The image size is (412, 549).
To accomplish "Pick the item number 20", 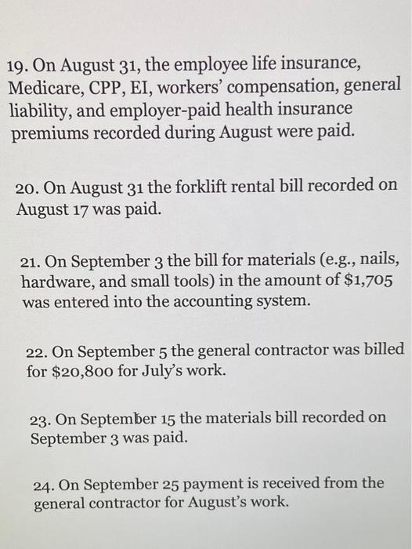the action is click(x=27, y=186).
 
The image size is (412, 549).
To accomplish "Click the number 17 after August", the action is click(x=82, y=209).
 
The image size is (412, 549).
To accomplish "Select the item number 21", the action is click(x=31, y=261).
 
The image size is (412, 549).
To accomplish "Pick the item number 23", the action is click(x=42, y=418).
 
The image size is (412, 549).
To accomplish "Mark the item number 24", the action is click(x=44, y=483).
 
